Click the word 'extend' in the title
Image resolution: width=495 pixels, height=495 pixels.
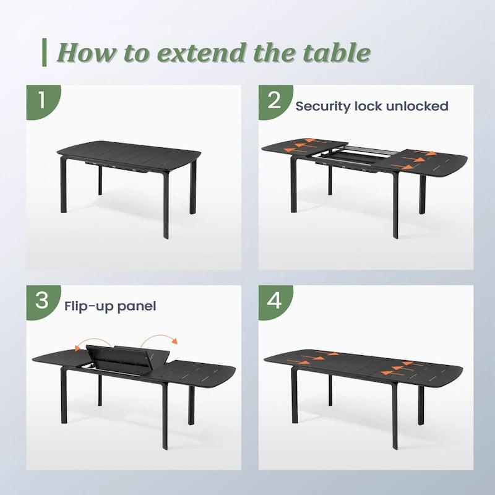point(202,53)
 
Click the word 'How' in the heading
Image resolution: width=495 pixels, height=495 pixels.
point(86,52)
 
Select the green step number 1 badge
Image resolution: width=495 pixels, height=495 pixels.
point(43,102)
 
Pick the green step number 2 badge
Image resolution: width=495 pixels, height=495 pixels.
point(275,102)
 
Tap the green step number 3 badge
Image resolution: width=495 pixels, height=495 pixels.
point(43,302)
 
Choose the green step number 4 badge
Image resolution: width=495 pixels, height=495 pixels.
point(275,302)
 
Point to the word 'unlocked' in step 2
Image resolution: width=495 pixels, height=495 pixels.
point(416,106)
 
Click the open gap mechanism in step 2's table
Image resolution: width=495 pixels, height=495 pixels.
point(353,157)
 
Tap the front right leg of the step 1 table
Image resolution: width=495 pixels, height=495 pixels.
point(166,206)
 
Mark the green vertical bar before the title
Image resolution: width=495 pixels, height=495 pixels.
point(45,53)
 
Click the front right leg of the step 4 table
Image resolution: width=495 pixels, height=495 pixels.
point(395,416)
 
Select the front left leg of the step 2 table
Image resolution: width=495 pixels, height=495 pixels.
point(293,184)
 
